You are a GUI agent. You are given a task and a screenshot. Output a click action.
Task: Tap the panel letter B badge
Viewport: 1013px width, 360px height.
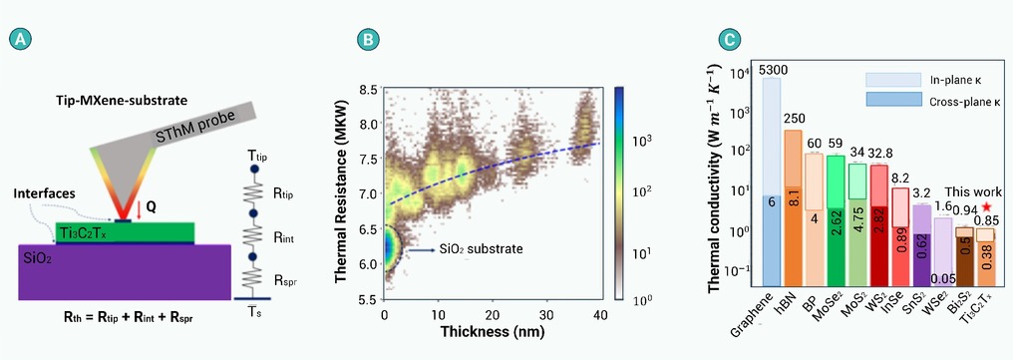click(x=366, y=40)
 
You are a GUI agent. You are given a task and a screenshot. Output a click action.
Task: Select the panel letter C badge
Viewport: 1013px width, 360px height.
click(x=728, y=40)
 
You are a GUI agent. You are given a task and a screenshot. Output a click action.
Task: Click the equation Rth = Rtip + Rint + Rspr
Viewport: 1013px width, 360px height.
click(x=122, y=318)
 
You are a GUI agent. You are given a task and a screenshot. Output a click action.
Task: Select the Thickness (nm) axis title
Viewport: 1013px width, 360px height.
click(x=493, y=332)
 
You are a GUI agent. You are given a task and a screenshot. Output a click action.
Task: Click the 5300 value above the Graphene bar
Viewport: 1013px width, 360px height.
click(x=774, y=71)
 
